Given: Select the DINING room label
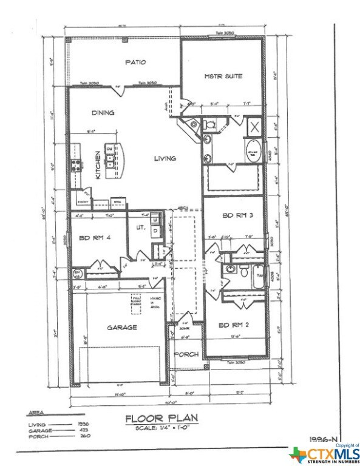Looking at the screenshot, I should click(103, 113).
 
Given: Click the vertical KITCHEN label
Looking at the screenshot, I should click(97, 164).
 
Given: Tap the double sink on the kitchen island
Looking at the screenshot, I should click(109, 160).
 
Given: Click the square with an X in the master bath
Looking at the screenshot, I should click(254, 128).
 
